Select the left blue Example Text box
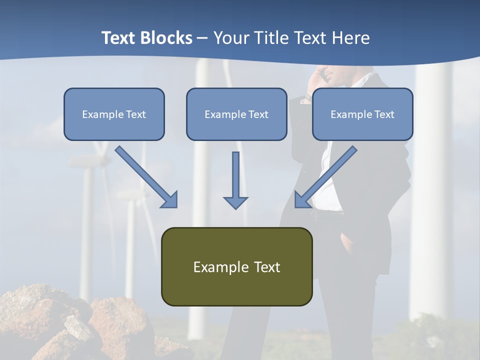point(114,114)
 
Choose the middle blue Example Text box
point(236,114)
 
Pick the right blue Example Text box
point(362,114)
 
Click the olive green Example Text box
point(236,266)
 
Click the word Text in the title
point(120,38)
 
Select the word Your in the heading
point(230,38)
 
